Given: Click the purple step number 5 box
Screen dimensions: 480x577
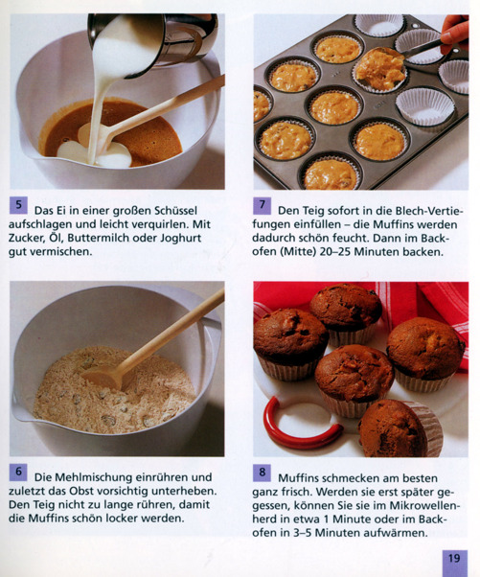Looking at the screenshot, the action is [x=18, y=206].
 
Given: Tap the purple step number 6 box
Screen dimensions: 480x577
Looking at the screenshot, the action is [x=18, y=473].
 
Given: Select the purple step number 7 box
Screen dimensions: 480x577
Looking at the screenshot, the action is [x=263, y=206].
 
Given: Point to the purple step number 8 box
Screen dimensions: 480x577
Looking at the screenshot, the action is [x=263, y=473].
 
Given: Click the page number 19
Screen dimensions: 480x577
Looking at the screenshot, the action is [x=455, y=559].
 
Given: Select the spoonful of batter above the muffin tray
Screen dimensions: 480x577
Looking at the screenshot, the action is [x=378, y=69].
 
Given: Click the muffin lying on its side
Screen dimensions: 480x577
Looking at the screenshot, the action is [x=400, y=428].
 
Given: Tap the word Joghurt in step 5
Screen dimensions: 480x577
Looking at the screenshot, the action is [x=181, y=239].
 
